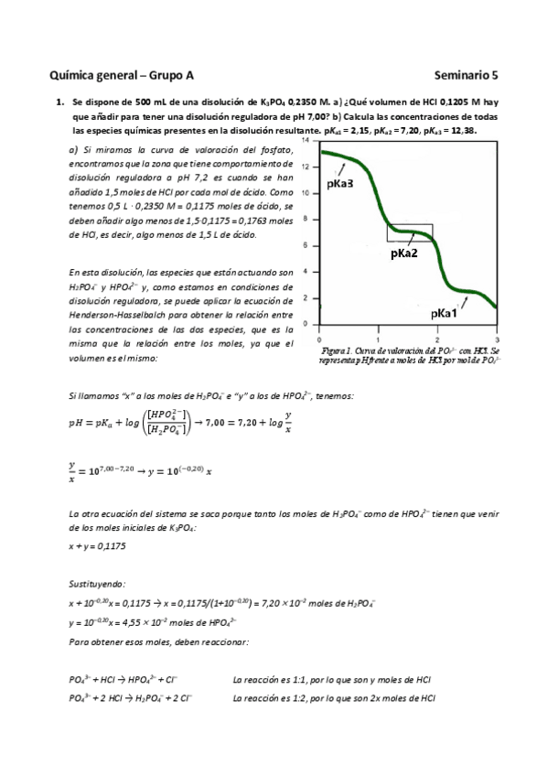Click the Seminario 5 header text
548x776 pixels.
465,76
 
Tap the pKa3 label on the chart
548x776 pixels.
339,184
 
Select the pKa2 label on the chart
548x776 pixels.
403,253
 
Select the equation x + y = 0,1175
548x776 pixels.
97,545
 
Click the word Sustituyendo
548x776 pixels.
98,583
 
